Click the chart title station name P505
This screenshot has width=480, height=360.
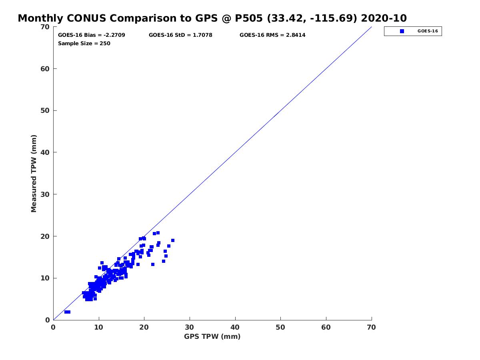point(248,18)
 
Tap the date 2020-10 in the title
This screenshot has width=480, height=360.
point(384,18)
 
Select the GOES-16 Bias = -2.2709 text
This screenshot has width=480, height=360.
point(92,35)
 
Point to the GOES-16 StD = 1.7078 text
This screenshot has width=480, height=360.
point(180,35)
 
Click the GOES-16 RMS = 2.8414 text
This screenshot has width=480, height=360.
point(272,35)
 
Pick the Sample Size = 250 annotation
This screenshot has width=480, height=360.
point(84,43)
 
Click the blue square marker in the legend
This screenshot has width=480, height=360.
point(402,31)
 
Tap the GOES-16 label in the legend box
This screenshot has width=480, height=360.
point(428,31)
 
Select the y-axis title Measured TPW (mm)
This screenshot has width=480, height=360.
point(34,173)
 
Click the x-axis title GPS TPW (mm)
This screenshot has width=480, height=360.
point(212,336)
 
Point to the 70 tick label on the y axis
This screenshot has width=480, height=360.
point(45,27)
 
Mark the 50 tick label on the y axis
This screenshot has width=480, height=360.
point(45,111)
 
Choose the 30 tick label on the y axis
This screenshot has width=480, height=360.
point(45,194)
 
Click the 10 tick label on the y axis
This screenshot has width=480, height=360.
point(45,278)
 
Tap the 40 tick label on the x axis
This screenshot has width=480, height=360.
point(235,327)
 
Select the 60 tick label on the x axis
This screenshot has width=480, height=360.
point(326,327)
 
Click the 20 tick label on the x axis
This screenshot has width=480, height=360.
point(144,327)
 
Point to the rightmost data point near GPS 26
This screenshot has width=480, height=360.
point(173,240)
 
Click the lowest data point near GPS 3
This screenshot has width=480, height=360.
point(67,312)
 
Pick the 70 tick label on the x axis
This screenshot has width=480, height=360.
point(371,327)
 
